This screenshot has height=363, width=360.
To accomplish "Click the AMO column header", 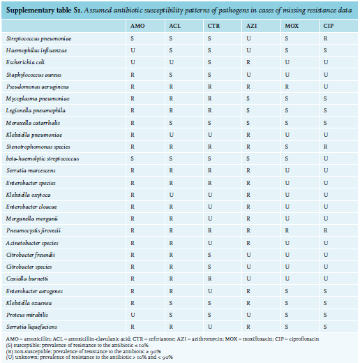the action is tap(137, 26).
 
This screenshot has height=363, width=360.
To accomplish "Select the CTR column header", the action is tap(213, 26).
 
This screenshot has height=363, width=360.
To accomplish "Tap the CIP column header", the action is tap(329, 26).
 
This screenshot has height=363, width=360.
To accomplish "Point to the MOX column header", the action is tap(292, 26).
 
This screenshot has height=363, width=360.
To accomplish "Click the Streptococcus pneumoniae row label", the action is tap(38, 38).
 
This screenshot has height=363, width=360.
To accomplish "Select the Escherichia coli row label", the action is tap(25, 62).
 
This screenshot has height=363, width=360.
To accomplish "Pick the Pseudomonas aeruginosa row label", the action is tap(38, 87).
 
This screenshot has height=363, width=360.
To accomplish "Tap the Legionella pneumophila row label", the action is tap(36, 110).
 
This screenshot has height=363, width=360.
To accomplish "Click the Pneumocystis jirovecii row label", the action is tap(33, 230).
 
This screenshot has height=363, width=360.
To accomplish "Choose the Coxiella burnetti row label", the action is tap(27, 279).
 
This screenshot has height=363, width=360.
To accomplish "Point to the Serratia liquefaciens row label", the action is tap(31, 327).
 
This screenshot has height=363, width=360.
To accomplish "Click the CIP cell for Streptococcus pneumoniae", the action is tap(325, 38).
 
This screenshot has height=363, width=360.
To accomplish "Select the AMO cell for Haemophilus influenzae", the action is tap(133, 50).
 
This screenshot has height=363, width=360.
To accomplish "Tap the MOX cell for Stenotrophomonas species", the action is tap(287, 147).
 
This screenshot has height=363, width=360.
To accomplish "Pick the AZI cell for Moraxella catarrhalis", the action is tap(248, 123).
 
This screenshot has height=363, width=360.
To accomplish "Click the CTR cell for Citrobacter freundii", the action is tap(209, 255).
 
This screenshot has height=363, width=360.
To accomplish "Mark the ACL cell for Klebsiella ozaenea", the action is tap(171, 303).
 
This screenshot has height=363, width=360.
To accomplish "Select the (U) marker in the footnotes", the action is tap(9, 357).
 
